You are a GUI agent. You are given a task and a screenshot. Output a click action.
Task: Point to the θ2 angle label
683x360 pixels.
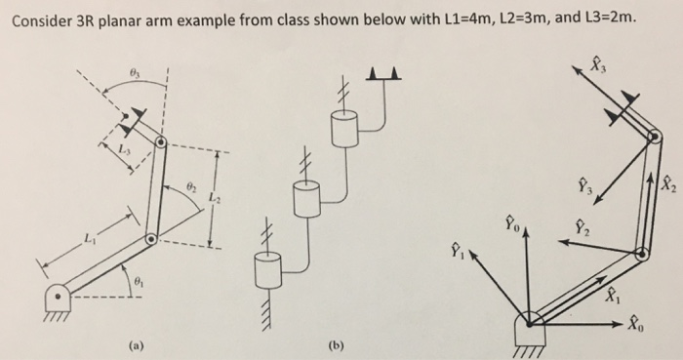pyautogui.click(x=191, y=183)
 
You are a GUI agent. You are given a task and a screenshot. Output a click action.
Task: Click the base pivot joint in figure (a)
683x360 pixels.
pyautogui.click(x=59, y=295)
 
